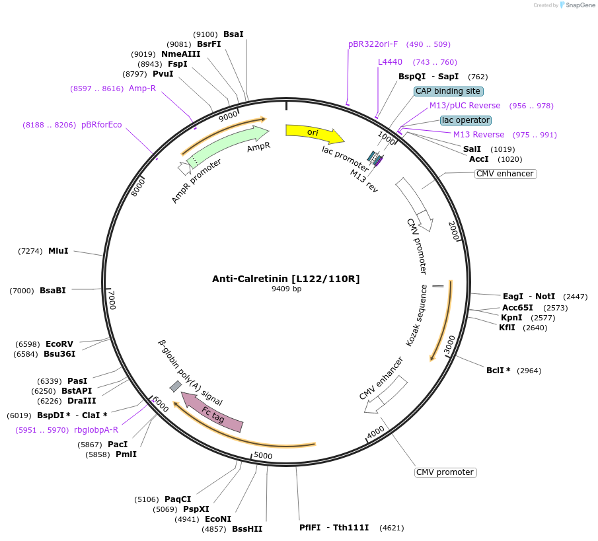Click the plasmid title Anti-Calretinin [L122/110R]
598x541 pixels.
pyautogui.click(x=285, y=279)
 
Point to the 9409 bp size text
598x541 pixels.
pyautogui.click(x=286, y=289)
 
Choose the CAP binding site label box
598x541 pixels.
pyautogui.click(x=449, y=91)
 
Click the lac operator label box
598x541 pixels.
pyautogui.click(x=466, y=120)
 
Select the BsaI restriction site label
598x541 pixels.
pyautogui.click(x=233, y=34)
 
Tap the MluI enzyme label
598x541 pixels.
pyautogui.click(x=58, y=251)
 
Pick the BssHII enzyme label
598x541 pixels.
pyautogui.click(x=247, y=528)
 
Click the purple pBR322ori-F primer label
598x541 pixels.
pyautogui.click(x=373, y=44)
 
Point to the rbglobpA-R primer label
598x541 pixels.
pyautogui.click(x=96, y=429)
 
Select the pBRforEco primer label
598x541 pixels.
pyautogui.click(x=101, y=125)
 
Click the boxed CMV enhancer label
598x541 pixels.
pyautogui.click(x=505, y=174)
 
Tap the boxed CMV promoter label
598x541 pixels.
pyautogui.click(x=445, y=472)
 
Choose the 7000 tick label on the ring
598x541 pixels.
pyautogui.click(x=112, y=300)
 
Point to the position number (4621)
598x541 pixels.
pyautogui.click(x=388, y=528)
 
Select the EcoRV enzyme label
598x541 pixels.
pyautogui.click(x=59, y=344)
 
